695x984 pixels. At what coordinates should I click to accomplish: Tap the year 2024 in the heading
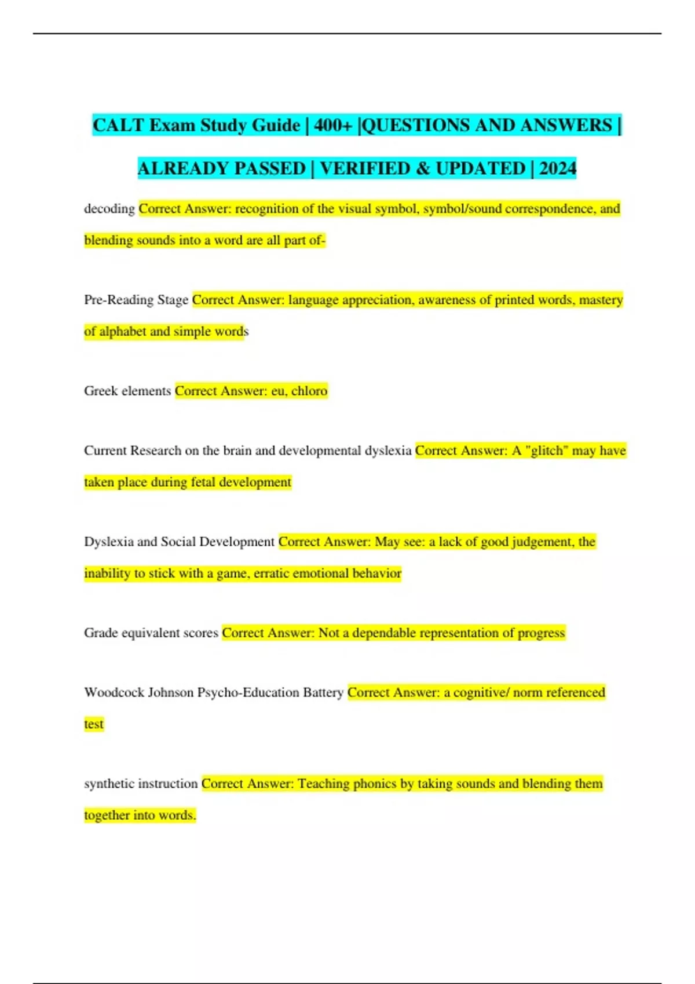[x=558, y=168]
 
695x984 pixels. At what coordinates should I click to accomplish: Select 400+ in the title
[x=333, y=125]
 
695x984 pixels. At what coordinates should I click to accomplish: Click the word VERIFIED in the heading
[x=365, y=168]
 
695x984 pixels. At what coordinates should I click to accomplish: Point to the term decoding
[x=109, y=208]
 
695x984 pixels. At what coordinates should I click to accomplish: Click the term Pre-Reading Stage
[x=136, y=300]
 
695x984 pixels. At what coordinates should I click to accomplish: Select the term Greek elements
[x=127, y=391]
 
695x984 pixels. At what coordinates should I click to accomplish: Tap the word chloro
[x=309, y=391]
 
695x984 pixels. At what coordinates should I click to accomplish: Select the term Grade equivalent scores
[x=151, y=633]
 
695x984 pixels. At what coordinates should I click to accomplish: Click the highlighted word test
[x=94, y=724]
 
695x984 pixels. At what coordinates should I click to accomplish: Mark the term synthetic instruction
[x=141, y=784]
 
